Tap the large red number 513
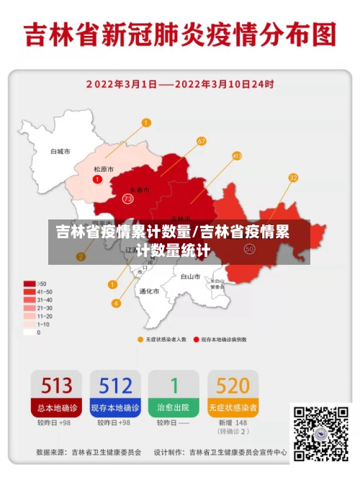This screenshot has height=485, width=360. (55, 386)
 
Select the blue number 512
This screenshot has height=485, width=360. (115, 386)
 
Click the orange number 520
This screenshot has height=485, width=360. (233, 386)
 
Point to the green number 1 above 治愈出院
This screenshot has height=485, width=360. (174, 386)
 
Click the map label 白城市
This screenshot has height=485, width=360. (60, 152)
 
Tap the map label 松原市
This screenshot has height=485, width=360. (104, 169)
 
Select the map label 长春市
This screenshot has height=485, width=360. (140, 191)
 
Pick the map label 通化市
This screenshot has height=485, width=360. (148, 291)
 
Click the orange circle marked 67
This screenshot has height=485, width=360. (201, 141)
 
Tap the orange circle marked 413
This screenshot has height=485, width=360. (237, 155)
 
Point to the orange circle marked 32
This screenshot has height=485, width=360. (293, 177)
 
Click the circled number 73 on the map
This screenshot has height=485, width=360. (128, 198)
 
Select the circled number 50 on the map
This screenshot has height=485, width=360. (249, 248)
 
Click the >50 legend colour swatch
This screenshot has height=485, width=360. (30, 283)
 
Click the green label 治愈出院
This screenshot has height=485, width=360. (174, 407)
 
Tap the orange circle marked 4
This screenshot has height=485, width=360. (116, 303)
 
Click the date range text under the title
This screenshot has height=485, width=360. (180, 84)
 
